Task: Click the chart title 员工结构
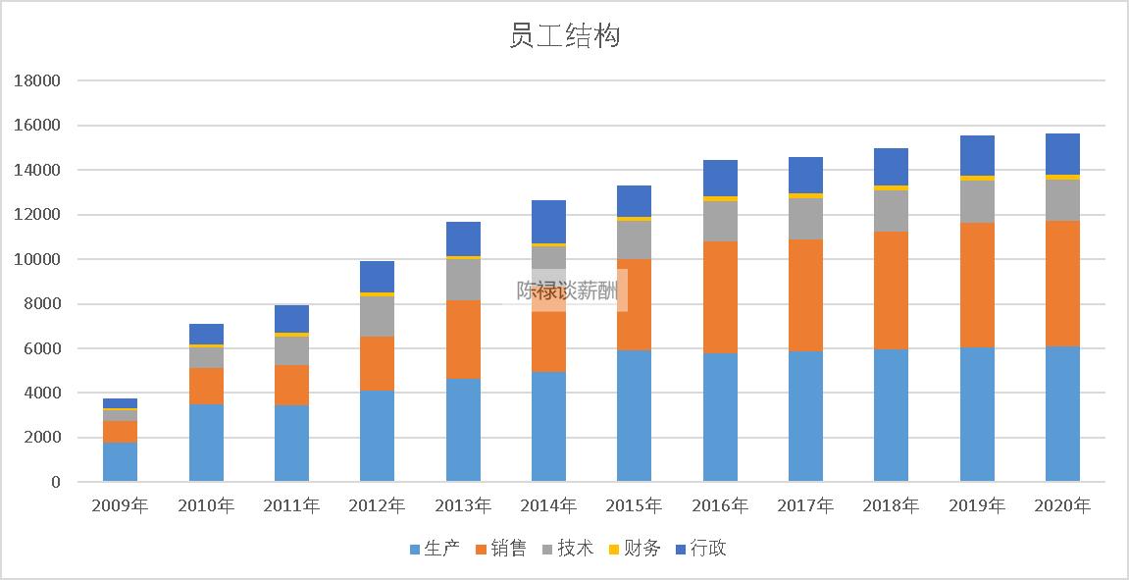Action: (564, 36)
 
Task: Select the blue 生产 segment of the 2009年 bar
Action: (120, 462)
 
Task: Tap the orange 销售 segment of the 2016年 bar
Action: (720, 297)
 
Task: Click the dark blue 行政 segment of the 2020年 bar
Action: (1062, 154)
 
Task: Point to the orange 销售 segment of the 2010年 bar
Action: (206, 387)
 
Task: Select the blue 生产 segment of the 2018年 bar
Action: (891, 415)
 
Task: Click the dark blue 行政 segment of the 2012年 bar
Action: (377, 277)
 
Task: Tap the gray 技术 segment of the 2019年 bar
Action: (977, 201)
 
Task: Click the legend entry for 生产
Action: (434, 549)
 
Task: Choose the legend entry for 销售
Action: (500, 549)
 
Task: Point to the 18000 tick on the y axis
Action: (37, 81)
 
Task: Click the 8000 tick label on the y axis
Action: (41, 304)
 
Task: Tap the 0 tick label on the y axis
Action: (55, 482)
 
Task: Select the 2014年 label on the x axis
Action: (548, 506)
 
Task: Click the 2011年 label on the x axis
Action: (291, 506)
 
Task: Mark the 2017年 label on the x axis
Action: (805, 506)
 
